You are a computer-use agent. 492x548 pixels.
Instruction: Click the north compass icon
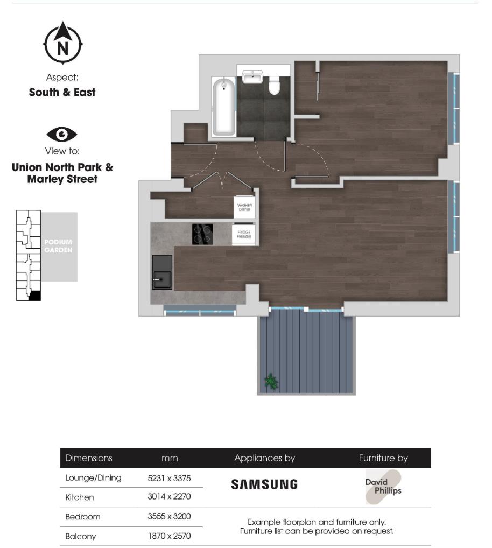point(62,44)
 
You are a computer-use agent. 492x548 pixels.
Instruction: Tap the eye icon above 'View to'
point(62,134)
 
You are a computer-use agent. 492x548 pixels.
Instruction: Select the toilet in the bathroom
point(275,85)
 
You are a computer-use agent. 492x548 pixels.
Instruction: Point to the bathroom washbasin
point(252,77)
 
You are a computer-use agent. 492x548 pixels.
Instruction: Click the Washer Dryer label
point(244,208)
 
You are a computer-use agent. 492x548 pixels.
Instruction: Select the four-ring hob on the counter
point(202,234)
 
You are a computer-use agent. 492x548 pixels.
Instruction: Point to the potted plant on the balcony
point(271,381)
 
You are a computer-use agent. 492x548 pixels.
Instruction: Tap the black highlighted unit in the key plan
point(34,296)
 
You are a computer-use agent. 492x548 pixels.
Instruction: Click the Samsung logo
point(264,484)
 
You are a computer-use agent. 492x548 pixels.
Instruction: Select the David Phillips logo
point(383,487)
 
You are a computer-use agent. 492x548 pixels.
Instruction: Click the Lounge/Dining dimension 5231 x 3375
point(169,478)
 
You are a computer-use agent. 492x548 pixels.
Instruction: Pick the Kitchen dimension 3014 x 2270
point(169,497)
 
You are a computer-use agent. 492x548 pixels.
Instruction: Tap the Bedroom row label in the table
point(83,517)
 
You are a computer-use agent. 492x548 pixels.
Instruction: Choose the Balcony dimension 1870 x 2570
point(169,536)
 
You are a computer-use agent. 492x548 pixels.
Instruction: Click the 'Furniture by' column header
point(383,459)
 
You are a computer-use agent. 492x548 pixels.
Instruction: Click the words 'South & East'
point(62,92)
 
